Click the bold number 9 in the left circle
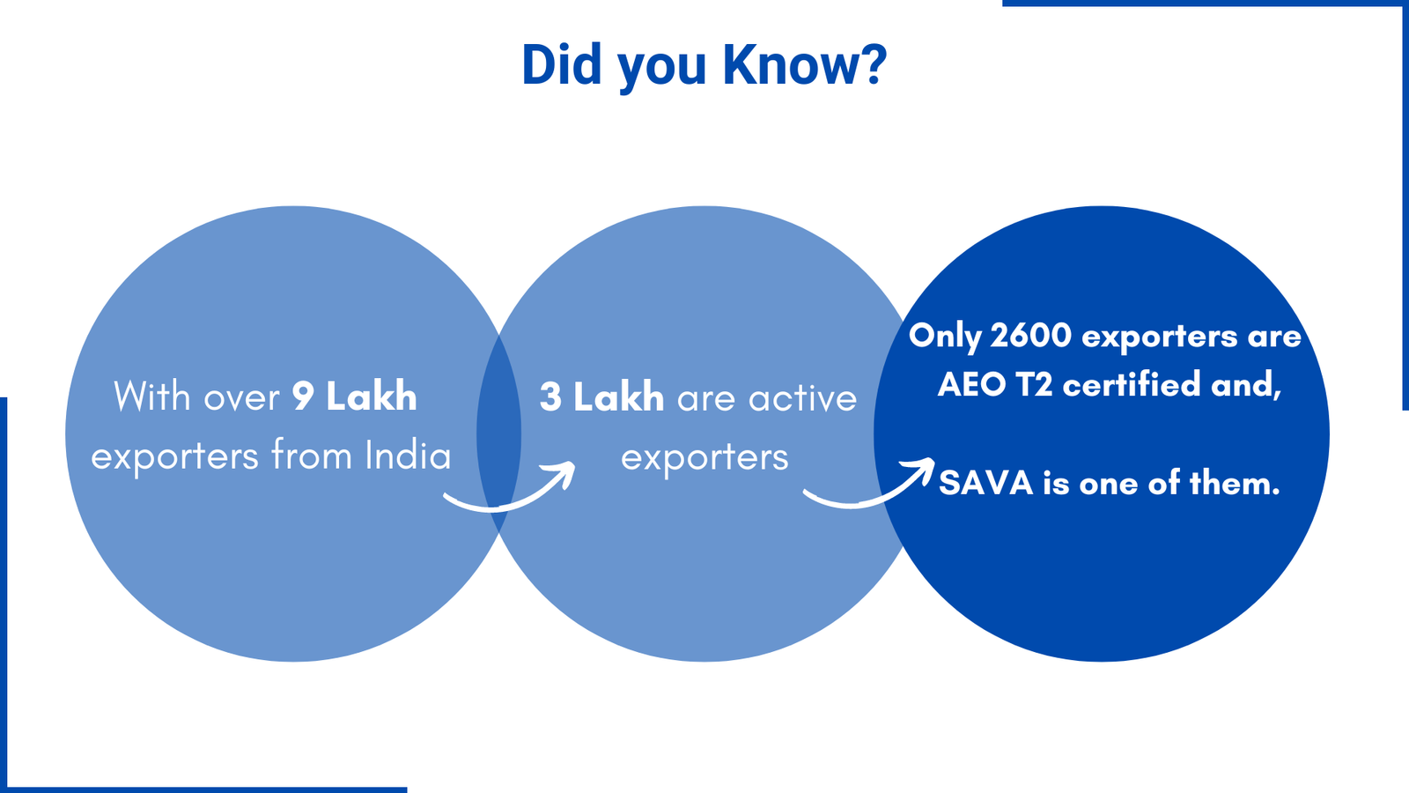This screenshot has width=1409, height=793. (303, 396)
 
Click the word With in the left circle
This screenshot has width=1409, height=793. (152, 396)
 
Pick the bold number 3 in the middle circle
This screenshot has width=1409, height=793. (550, 397)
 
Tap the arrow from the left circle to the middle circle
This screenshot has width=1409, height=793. (511, 493)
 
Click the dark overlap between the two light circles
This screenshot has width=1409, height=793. (498, 434)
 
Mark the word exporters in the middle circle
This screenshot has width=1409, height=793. (704, 457)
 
